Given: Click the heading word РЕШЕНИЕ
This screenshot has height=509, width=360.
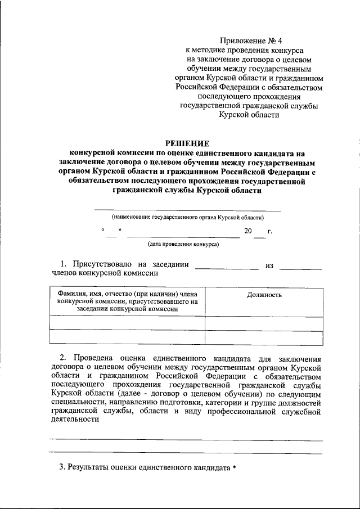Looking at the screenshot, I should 186,142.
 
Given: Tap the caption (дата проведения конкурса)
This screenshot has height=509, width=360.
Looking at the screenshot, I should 183,245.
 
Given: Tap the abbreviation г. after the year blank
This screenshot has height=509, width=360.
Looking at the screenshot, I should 270,231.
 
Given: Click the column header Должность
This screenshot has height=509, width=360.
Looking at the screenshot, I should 264,295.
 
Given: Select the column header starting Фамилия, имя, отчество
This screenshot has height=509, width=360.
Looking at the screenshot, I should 127,301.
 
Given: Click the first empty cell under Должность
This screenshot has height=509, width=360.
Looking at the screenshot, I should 264,323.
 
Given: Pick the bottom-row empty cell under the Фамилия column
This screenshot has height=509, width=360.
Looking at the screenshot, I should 127,336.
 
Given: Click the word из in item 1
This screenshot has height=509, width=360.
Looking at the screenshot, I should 269,264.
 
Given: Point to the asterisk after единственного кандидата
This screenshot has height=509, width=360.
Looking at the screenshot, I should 234,468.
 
